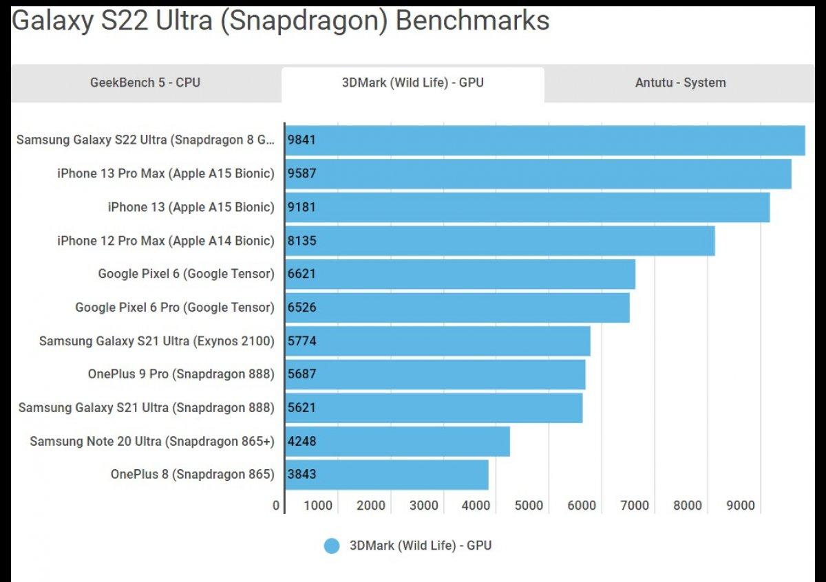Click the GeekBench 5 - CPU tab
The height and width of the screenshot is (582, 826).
pos(145,83)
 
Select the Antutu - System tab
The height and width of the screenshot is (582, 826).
pos(680,83)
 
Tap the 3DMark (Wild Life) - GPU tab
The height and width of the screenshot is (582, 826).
pos(413,83)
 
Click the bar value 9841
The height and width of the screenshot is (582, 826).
pos(302,140)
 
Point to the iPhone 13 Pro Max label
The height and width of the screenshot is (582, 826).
pos(165,173)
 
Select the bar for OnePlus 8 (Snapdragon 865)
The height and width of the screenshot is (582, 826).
pos(387,475)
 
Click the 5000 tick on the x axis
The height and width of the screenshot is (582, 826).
pos(529,506)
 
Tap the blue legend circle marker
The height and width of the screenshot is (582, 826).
pos(332,546)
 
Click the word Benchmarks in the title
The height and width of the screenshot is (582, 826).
pos(472,21)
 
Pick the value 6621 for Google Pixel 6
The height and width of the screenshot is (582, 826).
pos(302,274)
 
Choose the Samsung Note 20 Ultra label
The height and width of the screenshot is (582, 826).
pos(151,441)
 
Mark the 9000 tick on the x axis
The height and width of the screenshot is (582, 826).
pos(741,506)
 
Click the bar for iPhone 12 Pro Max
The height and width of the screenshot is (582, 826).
pos(500,241)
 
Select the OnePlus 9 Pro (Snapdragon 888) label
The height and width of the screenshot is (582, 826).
pos(181,374)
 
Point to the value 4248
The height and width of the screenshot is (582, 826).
pos(302,441)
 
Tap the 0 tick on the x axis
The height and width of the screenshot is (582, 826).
pos(276,506)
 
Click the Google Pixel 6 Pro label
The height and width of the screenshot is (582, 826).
pos(174,308)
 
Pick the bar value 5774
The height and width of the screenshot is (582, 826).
pos(302,341)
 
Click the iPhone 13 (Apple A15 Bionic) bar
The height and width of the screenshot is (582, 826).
pos(527,207)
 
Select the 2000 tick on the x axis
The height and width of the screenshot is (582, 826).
pos(371,506)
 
